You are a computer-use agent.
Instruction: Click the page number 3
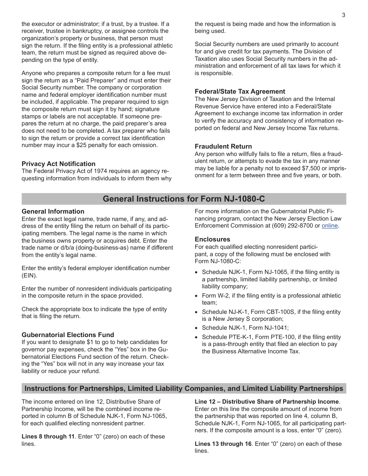click(x=343, y=15)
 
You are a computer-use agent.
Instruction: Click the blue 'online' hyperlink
click(x=330, y=226)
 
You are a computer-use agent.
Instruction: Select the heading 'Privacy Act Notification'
click(x=58, y=164)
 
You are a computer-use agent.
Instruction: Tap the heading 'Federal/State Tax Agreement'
click(x=240, y=92)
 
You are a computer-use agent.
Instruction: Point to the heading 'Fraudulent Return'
click(x=223, y=146)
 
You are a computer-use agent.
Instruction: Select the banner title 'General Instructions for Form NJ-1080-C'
click(x=184, y=199)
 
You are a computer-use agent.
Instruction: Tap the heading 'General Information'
click(x=53, y=211)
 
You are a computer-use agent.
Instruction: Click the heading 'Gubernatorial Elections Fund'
click(x=68, y=335)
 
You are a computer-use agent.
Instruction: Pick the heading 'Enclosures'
click(x=212, y=239)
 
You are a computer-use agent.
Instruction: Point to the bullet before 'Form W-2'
click(x=197, y=296)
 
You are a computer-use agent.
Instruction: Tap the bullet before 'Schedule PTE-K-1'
click(x=197, y=337)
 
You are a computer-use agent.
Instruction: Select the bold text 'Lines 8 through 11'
click(x=48, y=437)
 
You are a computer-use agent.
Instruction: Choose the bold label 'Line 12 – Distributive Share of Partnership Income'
click(x=267, y=402)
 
